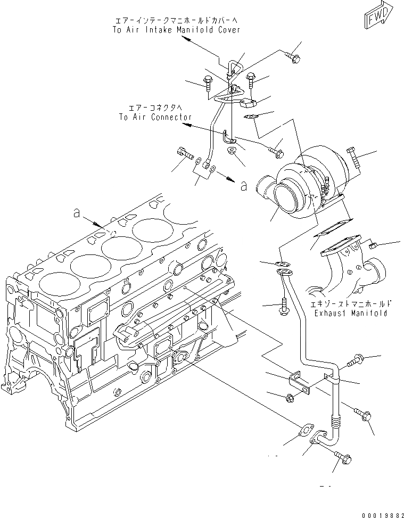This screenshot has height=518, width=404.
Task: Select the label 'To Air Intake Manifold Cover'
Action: tap(176, 30)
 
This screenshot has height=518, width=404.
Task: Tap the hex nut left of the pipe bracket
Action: tap(290, 397)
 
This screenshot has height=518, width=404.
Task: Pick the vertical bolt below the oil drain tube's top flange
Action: tap(283, 306)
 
